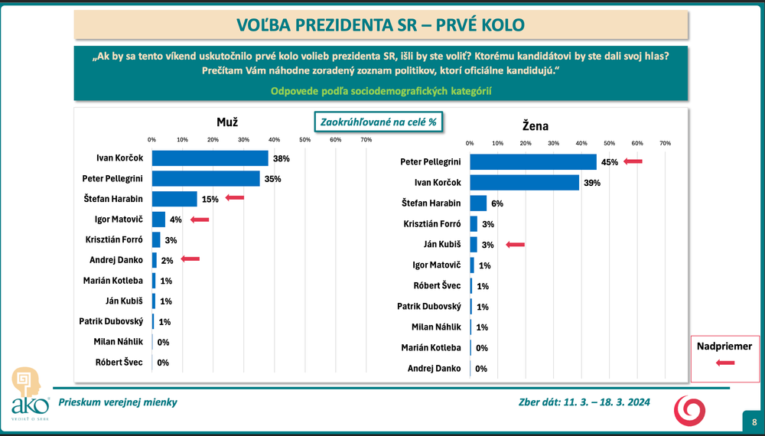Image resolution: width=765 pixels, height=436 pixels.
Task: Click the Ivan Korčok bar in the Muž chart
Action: click(x=210, y=158)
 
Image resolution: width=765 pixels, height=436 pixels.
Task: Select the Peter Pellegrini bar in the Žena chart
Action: click(x=532, y=162)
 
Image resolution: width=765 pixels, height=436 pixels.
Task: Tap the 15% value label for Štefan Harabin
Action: click(x=210, y=199)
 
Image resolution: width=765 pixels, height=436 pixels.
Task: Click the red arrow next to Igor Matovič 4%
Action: click(x=200, y=220)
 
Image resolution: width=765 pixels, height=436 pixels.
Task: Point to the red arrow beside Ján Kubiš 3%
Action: click(x=515, y=245)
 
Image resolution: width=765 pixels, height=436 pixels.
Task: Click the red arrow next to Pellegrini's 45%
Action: click(x=633, y=162)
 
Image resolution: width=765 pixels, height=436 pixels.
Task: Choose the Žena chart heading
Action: click(x=535, y=125)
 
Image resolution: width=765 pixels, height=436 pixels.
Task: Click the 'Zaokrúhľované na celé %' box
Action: click(x=378, y=122)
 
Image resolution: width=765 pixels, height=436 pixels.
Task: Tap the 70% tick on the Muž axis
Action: click(x=366, y=139)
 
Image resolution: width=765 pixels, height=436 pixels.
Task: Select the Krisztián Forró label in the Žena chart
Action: click(x=432, y=224)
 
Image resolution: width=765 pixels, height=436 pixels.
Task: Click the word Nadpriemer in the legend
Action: click(x=724, y=347)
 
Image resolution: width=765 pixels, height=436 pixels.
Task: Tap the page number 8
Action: click(x=754, y=421)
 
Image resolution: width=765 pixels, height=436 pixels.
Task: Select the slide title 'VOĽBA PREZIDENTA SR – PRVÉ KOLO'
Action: click(x=381, y=24)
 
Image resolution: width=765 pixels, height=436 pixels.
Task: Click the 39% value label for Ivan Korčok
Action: click(x=592, y=183)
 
